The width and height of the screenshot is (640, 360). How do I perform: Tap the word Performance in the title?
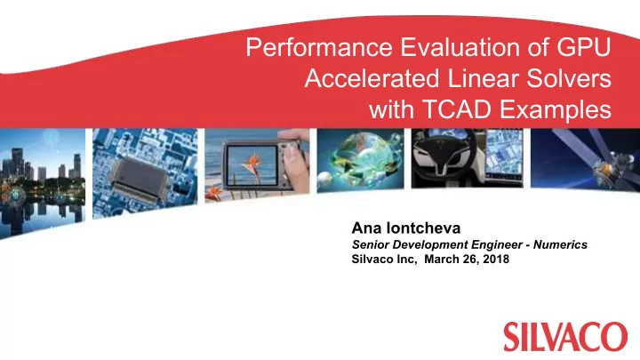pos(319,47)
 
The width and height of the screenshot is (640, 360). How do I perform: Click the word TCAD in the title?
pos(457,109)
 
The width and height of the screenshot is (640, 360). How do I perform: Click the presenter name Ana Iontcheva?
pos(406,228)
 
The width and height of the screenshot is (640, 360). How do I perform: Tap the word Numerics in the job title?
pos(560,244)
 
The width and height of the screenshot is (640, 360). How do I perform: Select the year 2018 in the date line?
pos(496,260)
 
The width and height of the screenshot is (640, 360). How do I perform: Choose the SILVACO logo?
pos(565,336)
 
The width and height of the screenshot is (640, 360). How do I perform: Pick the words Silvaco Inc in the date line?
pos(384,260)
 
